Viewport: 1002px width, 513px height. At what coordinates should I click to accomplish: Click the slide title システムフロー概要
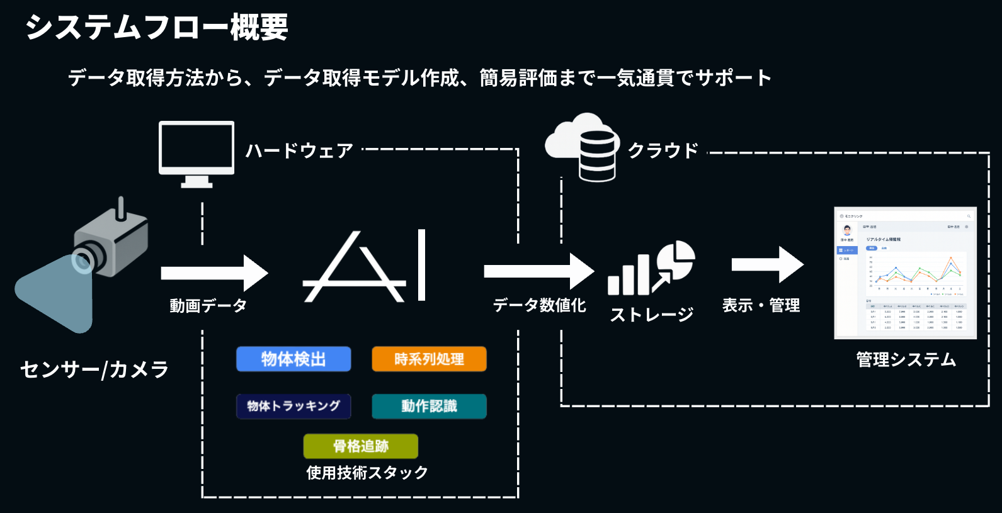pos(156,28)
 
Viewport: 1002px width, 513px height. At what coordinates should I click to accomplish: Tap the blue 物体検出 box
pos(293,359)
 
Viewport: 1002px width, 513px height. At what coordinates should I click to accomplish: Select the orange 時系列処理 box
pos(429,359)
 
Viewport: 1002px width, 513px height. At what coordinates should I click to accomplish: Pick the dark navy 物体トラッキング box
pos(293,406)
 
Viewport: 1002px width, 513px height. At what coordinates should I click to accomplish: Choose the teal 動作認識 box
pos(429,406)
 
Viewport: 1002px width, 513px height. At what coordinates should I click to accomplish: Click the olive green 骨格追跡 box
pos(360,446)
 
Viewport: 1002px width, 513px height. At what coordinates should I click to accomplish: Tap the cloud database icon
pos(583,147)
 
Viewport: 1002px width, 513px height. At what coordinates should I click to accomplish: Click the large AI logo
pos(365,267)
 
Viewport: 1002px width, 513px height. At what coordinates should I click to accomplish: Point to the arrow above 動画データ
pos(214,273)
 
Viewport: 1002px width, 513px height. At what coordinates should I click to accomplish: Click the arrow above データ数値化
pos(538,271)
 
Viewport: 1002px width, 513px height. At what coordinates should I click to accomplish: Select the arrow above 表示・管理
pos(768,264)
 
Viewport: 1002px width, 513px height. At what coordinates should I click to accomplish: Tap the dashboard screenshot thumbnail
pos(905,273)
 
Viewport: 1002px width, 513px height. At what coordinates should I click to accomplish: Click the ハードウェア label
pos(299,151)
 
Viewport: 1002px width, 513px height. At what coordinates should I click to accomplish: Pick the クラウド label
pos(663,151)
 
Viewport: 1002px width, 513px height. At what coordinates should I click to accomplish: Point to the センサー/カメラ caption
pos(94,369)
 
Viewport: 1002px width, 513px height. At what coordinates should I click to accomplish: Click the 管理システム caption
pos(906,359)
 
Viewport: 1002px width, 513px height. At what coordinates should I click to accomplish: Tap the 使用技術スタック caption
pos(367,472)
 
